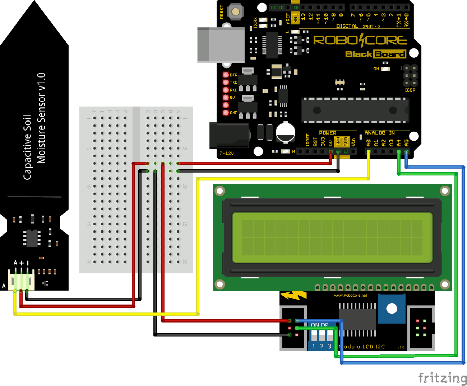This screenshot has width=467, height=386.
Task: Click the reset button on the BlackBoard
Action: pos(236,11)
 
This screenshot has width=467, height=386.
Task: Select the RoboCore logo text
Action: pos(360,40)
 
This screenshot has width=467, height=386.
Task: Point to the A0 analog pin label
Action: pos(369,143)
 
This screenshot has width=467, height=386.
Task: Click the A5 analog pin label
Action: pos(407,143)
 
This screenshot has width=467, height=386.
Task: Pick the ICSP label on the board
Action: pos(410,90)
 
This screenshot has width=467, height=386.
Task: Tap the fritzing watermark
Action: pos(442,378)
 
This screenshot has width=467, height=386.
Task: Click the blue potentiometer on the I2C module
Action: pos(391,309)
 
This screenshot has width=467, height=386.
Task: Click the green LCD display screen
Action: pos(332,237)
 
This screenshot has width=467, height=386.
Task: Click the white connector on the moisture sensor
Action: pos(21,279)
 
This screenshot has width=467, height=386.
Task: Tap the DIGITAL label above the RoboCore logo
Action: pos(347,26)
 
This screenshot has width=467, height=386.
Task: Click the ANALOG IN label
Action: pos(379,133)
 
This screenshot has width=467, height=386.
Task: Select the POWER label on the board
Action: pos(328,133)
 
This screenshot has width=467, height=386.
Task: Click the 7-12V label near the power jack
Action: pos(227,153)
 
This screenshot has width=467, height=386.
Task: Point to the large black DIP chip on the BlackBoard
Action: pos(355,110)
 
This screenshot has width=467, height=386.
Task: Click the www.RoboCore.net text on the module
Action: pos(350,295)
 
